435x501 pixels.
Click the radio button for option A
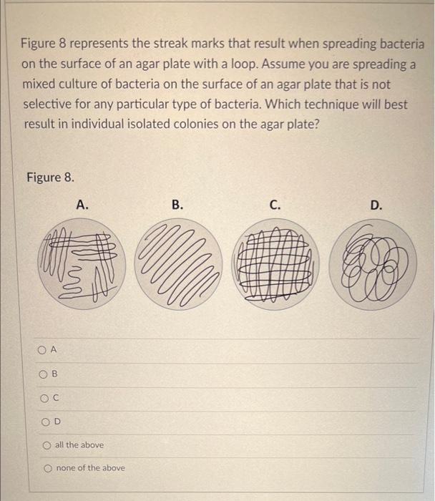(x=44, y=349)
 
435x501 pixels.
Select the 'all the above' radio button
(x=47, y=444)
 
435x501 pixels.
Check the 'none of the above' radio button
(x=47, y=468)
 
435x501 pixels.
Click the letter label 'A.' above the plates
(x=82, y=205)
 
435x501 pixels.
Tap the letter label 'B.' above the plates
(x=177, y=205)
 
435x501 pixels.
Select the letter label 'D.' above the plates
(x=376, y=205)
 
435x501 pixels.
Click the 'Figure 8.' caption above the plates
(x=49, y=177)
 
